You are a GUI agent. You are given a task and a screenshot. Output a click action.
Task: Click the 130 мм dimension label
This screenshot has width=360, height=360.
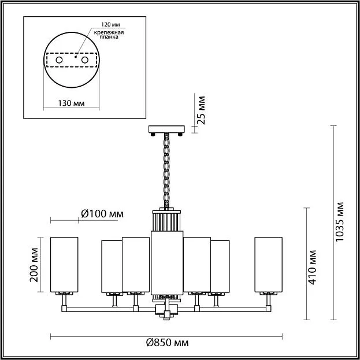click(71, 103)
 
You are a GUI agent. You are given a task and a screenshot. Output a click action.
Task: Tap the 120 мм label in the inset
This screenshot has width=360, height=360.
click(111, 25)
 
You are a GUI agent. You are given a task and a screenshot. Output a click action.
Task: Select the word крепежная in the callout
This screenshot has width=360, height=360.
click(109, 32)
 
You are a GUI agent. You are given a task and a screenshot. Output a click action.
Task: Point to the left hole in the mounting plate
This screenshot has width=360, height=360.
click(59, 60)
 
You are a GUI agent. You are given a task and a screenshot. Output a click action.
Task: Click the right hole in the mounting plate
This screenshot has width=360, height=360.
click(85, 60)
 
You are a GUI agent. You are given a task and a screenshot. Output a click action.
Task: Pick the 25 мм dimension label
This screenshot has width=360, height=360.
click(201, 110)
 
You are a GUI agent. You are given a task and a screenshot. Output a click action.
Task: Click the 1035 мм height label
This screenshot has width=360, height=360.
click(339, 222)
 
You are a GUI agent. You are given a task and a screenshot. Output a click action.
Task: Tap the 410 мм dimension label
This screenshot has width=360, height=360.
click(312, 267)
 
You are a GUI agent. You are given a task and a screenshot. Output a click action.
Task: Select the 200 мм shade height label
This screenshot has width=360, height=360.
click(34, 265)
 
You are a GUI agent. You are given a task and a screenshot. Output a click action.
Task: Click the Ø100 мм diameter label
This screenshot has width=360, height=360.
click(102, 214)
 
